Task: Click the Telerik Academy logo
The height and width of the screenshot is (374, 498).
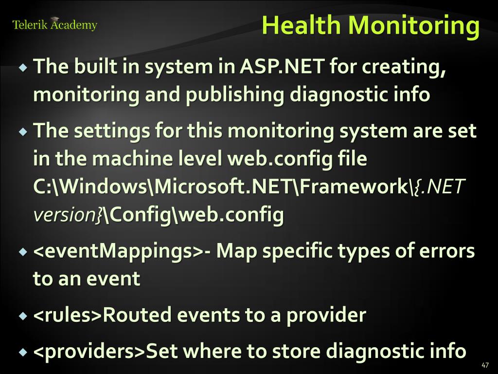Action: point(54,24)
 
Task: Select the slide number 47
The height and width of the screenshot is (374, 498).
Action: point(485,365)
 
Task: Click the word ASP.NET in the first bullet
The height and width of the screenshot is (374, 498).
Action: point(282,66)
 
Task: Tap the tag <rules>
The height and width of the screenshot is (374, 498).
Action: point(67,315)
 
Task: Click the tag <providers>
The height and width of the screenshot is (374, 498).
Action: point(89,351)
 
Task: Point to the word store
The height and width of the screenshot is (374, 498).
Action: point(296,351)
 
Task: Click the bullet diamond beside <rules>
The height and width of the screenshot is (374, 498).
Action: point(23,316)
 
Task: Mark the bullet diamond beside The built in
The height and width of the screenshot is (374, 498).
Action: point(23,67)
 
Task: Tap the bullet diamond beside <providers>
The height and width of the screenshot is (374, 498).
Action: point(23,352)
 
